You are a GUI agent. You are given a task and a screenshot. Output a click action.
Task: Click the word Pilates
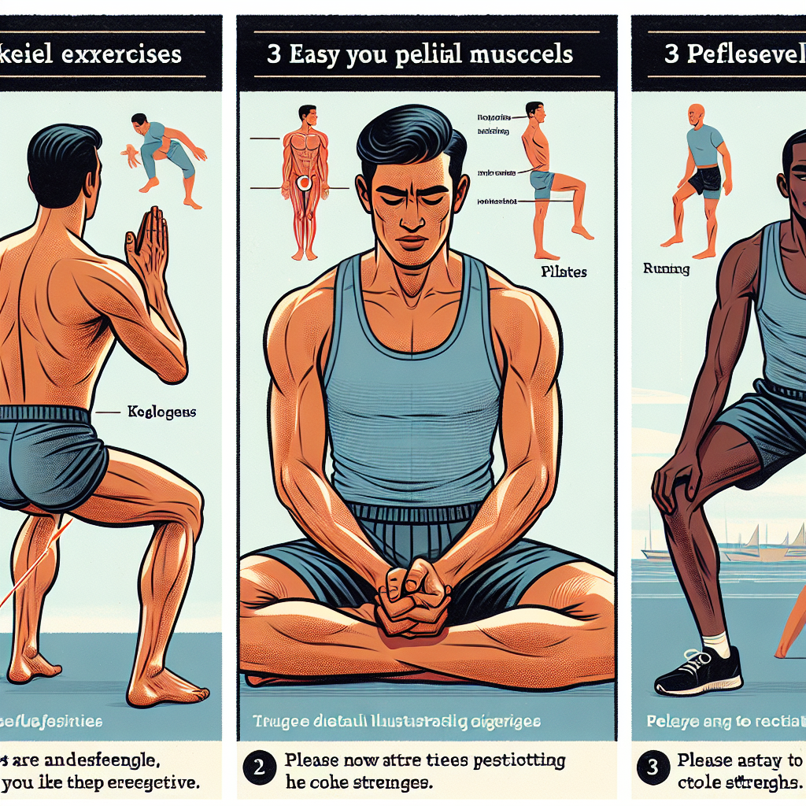point(564,272)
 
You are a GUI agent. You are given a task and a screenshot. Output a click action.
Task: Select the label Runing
point(666,269)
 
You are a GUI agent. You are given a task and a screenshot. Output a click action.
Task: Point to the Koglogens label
point(161,411)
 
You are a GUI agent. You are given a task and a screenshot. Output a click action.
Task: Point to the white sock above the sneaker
point(716,644)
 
